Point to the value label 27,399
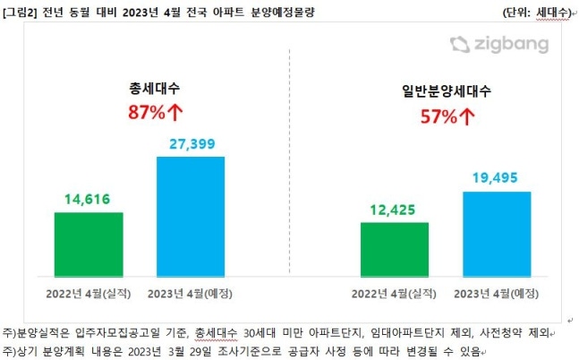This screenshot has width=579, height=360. [x=191, y=144]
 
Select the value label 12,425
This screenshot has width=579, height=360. [x=394, y=210]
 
